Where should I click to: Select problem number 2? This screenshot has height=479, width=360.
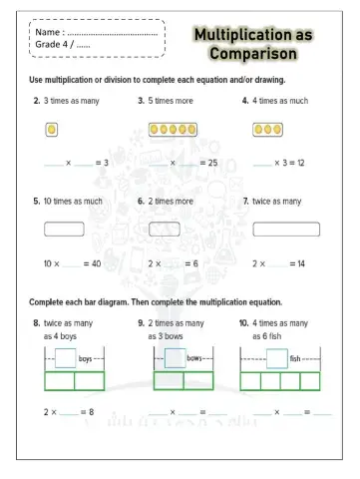pyautogui.click(x=37, y=101)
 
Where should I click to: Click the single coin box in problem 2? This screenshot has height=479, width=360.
pyautogui.click(x=52, y=129)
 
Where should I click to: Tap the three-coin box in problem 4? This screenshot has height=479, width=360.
pyautogui.click(x=266, y=129)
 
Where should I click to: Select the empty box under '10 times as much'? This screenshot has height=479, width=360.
pyautogui.click(x=64, y=229)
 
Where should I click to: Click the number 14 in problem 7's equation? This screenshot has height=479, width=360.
pyautogui.click(x=297, y=263)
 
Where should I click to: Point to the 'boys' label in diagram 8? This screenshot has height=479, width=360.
pyautogui.click(x=86, y=357)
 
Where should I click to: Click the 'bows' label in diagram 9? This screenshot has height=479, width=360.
pyautogui.click(x=194, y=357)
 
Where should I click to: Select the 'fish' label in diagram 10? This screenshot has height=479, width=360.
pyautogui.click(x=295, y=357)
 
